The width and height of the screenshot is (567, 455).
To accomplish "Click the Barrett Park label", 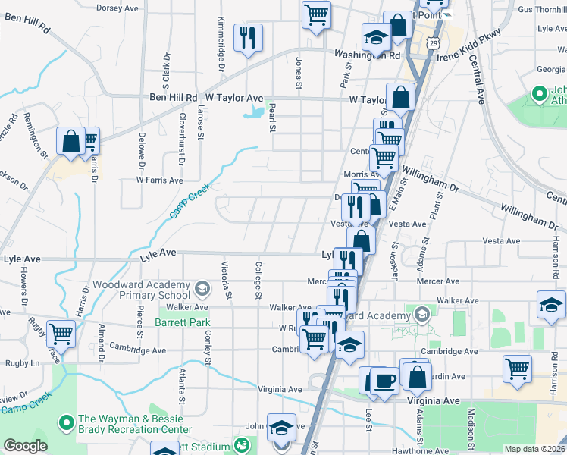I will (186, 322).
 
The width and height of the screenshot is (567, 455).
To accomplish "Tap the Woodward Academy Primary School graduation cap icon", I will (202, 289).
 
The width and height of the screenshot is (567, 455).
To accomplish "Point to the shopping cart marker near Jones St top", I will (316, 14).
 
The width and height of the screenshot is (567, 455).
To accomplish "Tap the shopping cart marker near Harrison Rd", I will (517, 369).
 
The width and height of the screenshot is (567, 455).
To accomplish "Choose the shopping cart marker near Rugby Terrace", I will (60, 333).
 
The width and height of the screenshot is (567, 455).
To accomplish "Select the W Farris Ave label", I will (159, 180).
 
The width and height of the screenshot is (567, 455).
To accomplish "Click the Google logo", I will (25, 446).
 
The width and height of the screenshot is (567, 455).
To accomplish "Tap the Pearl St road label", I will (271, 117).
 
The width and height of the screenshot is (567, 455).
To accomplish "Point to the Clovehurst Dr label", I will (182, 139).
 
